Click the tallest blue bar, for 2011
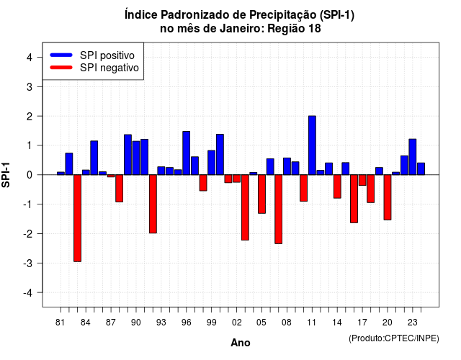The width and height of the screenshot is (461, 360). (312, 145)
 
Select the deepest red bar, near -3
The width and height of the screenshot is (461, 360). (77, 218)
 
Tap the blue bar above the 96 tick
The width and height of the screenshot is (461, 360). (186, 153)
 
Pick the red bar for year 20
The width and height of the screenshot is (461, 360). (388, 197)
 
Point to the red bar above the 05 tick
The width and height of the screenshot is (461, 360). (261, 194)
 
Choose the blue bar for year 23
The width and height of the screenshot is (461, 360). (413, 157)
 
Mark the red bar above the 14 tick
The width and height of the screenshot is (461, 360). (337, 186)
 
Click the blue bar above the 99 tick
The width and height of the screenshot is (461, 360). (211, 163)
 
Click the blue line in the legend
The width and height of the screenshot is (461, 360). (61, 55)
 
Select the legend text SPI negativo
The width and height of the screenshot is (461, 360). (109, 68)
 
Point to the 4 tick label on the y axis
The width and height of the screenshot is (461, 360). (30, 58)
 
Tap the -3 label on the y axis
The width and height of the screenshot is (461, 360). (27, 264)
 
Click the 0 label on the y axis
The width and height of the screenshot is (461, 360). (30, 175)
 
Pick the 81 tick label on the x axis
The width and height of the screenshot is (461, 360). (60, 323)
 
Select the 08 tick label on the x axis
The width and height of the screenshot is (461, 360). (287, 323)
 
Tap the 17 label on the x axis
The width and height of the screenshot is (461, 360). (362, 323)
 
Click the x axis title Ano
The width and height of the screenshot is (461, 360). (241, 343)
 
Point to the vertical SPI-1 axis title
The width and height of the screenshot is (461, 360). (6, 175)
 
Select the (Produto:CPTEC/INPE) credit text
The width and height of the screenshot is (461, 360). (394, 338)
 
